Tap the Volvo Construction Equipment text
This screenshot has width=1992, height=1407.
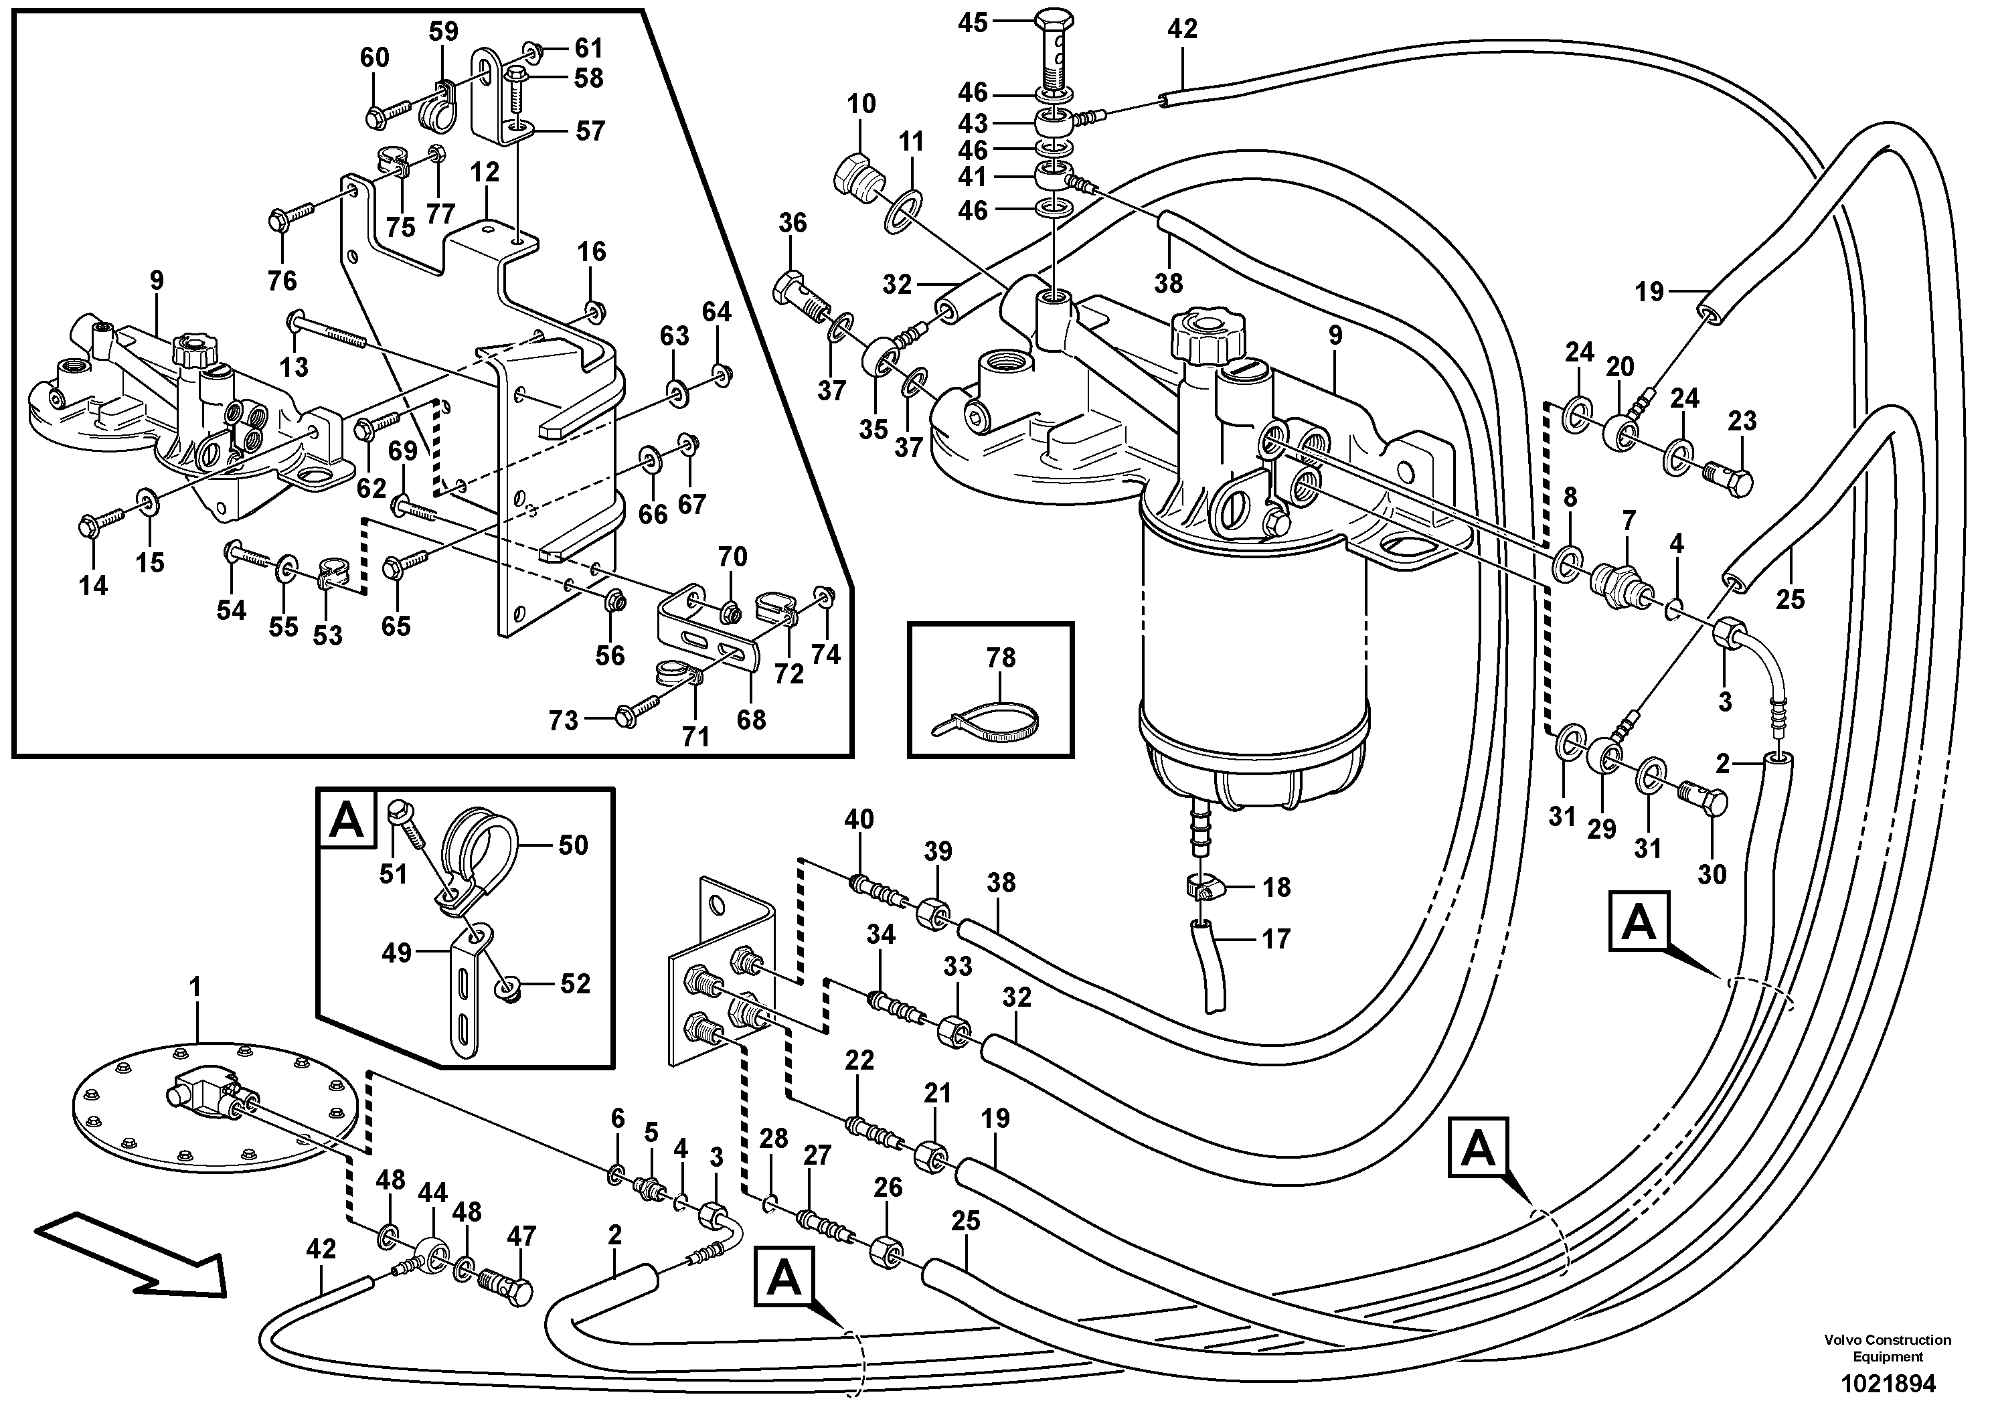(x=1887, y=1348)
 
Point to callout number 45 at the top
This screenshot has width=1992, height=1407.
(x=973, y=23)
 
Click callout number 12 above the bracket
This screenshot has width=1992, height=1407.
(x=485, y=173)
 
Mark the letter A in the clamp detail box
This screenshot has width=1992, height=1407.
(x=347, y=819)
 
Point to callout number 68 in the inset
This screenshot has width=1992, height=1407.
(x=751, y=719)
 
